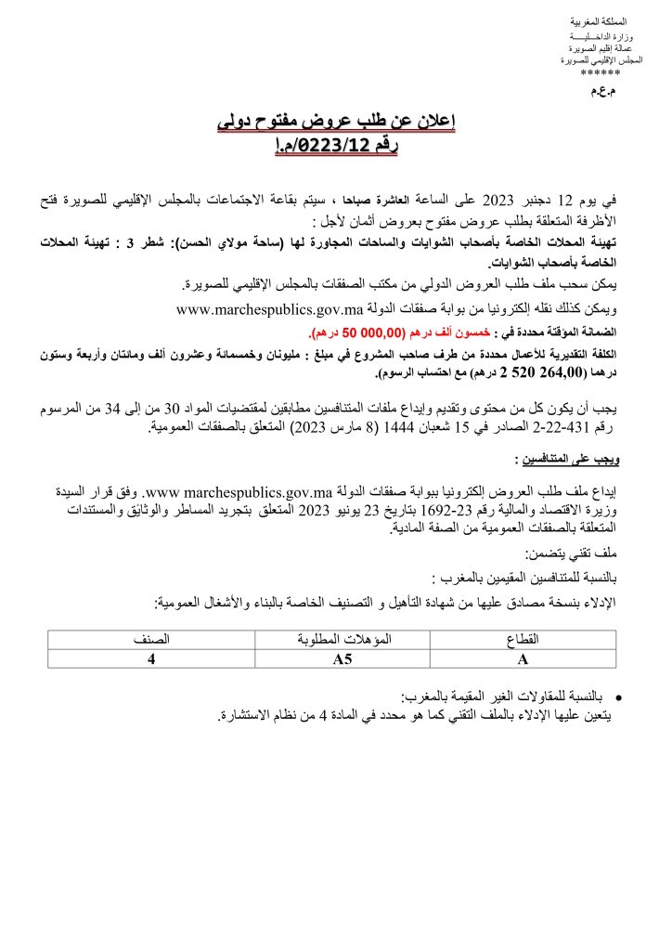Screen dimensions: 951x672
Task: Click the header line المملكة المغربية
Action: pyautogui.click(x=601, y=20)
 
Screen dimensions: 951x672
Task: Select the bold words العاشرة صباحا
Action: pyautogui.click(x=368, y=198)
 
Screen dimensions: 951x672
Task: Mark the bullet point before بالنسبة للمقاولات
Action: pyautogui.click(x=618, y=695)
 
